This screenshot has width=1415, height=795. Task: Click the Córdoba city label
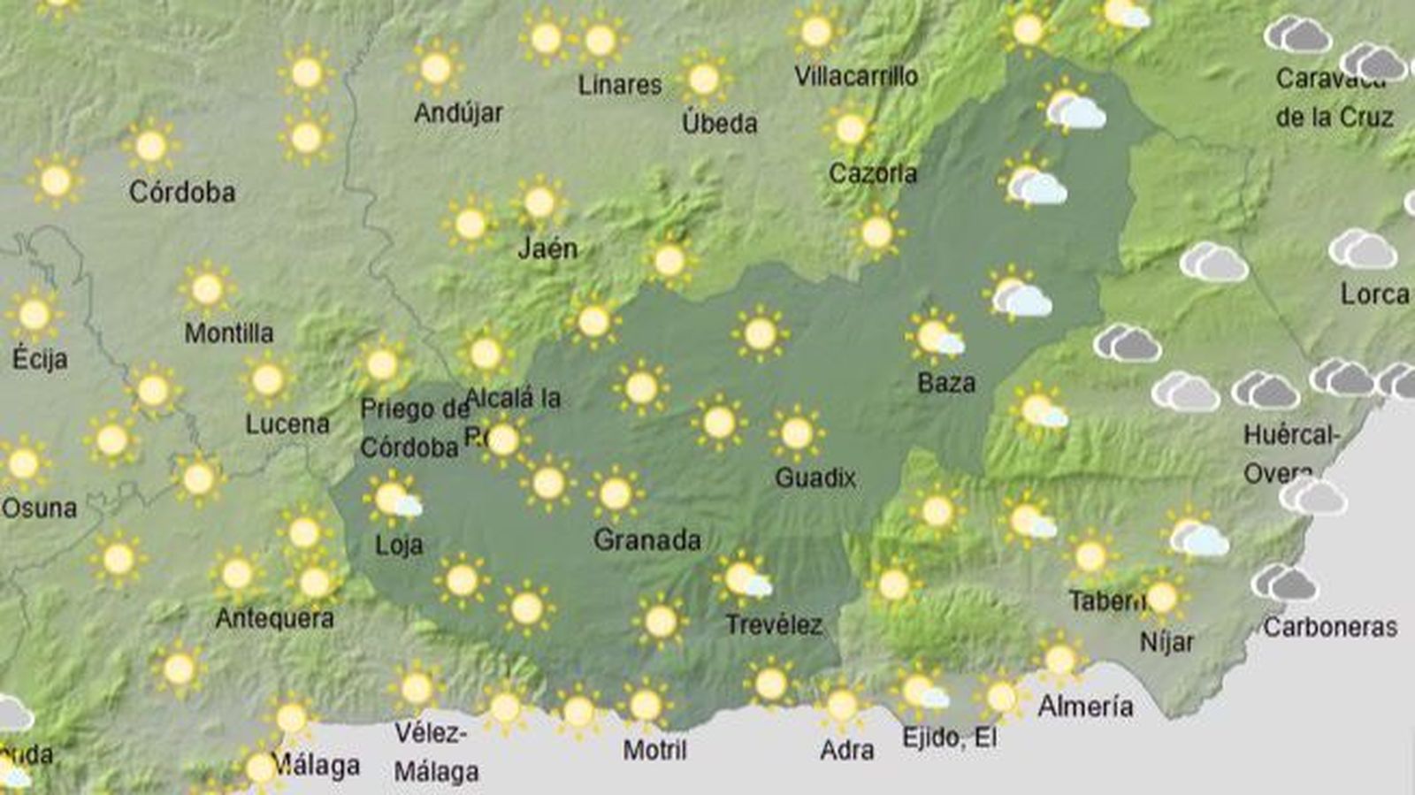(182, 192)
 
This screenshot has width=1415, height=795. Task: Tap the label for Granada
(647, 539)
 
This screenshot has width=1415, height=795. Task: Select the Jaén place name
(547, 248)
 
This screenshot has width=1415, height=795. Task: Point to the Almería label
(1085, 706)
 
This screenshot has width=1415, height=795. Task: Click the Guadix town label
(815, 478)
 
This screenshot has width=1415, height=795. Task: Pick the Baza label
(946, 383)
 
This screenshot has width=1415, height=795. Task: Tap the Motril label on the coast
(654, 750)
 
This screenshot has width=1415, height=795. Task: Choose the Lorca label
(1374, 294)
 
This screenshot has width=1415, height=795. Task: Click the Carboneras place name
(1330, 627)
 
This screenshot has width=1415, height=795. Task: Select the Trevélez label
(774, 625)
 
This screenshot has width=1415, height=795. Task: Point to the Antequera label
(275, 618)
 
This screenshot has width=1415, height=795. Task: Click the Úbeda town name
(719, 123)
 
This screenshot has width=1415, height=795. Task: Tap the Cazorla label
(873, 173)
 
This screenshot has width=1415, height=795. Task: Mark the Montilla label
(229, 333)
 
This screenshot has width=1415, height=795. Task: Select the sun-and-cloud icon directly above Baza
(936, 337)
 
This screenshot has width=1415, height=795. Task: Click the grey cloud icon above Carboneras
(1284, 583)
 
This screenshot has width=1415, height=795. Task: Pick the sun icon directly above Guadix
(797, 433)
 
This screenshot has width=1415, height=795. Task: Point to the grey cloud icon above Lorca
(1362, 249)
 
